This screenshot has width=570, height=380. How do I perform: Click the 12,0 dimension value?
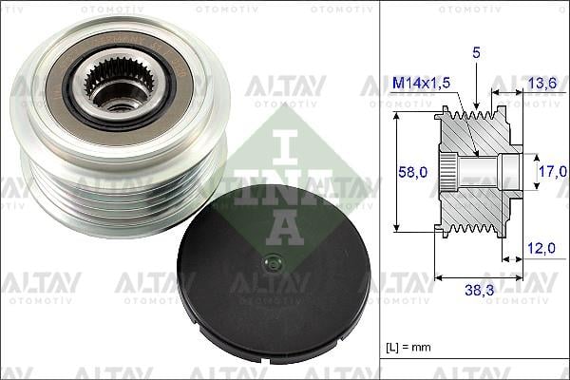(540, 249)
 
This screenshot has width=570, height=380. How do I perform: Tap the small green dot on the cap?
(274, 263)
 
